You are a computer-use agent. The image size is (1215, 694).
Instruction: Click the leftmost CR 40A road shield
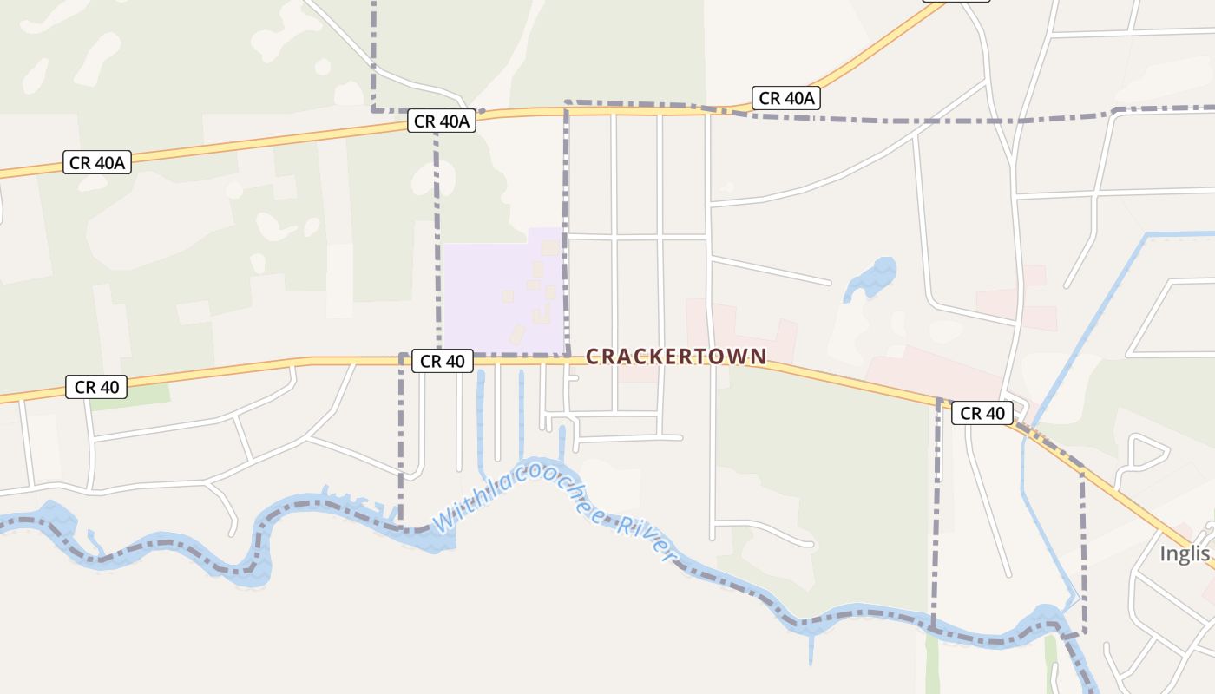point(97,162)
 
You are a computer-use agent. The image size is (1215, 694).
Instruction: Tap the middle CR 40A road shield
point(442,121)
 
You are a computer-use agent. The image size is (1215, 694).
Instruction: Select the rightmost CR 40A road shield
point(786,98)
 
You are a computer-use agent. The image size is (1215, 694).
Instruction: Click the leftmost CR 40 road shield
point(96,387)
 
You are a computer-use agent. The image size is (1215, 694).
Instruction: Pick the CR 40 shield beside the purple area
point(443,360)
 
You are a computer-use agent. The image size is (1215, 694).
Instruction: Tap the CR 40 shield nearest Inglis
point(982,413)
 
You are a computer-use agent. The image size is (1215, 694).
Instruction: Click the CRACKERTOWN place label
point(676,357)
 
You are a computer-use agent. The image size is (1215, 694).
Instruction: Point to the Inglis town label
point(1186,553)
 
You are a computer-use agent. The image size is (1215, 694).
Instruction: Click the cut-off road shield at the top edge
point(955,1)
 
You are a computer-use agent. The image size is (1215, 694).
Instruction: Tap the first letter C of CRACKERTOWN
point(594,357)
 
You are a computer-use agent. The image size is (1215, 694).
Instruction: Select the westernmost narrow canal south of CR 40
point(481,416)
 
